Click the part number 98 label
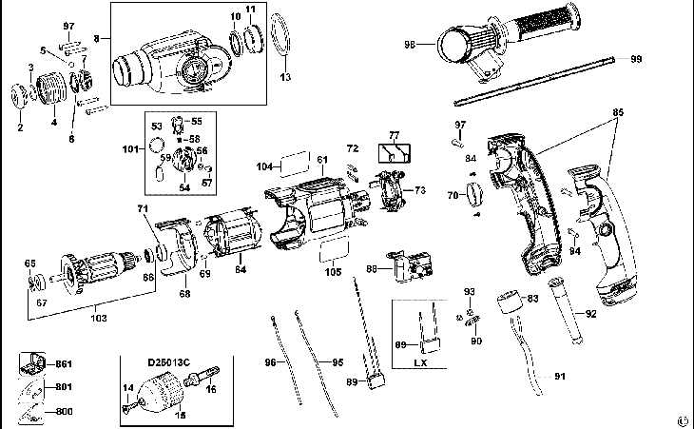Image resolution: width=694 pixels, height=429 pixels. click(410, 43)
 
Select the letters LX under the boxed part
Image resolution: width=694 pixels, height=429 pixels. click(422, 363)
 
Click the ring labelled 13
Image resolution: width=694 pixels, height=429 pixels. click(278, 42)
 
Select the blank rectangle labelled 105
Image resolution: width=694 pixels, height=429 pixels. click(332, 251)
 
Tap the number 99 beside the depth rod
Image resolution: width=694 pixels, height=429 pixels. click(636, 59)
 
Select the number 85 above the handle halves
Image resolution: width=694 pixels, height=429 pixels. click(618, 111)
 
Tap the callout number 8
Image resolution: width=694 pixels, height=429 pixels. click(95, 40)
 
